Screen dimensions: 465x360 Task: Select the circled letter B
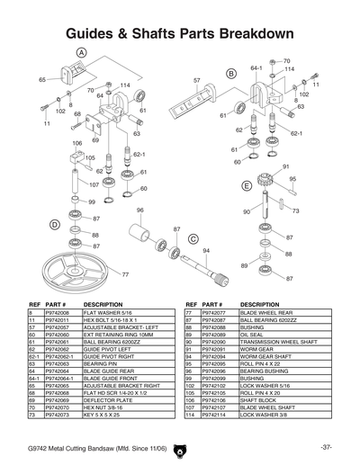tap(231, 73)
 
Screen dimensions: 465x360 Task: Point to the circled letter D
tap(54, 223)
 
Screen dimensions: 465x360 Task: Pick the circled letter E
tap(246, 185)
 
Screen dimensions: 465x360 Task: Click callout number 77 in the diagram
tap(125, 273)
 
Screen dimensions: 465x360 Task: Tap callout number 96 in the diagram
tap(139, 210)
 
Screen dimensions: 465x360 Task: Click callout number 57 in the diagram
tap(196, 81)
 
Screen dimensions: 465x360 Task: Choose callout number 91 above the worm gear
tap(285, 166)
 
